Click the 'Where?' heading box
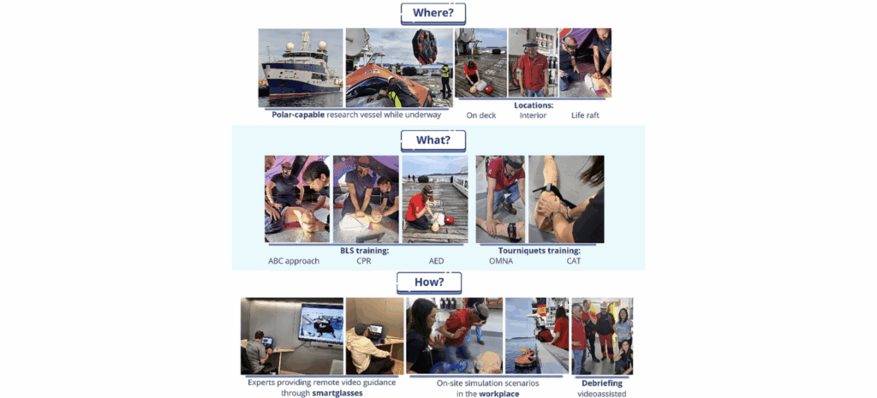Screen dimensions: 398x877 click(433, 14)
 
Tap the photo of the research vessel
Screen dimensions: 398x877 click(300, 68)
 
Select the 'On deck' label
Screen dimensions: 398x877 click(482, 115)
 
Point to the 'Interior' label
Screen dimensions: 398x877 click(533, 115)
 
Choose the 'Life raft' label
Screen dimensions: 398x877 click(586, 115)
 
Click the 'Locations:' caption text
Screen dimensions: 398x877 click(533, 105)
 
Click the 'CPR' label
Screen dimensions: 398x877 click(365, 261)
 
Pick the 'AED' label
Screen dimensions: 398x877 click(436, 261)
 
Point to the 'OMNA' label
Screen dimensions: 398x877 click(502, 261)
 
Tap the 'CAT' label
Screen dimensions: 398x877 click(573, 261)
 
